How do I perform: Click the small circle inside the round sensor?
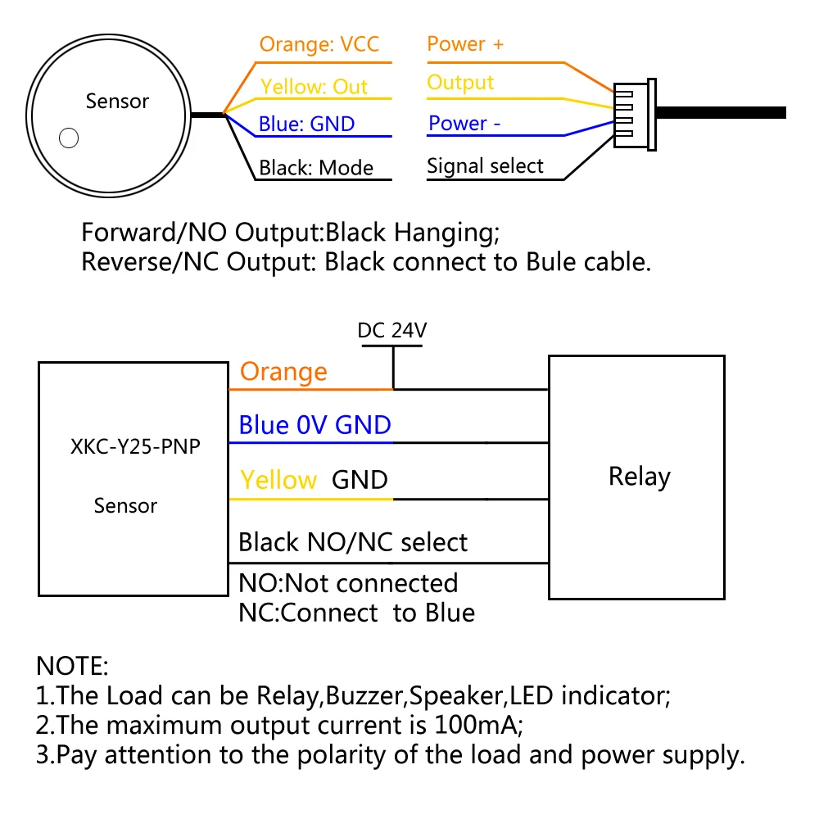(70, 138)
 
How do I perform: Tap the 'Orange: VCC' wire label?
(319, 44)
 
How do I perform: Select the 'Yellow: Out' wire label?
(314, 86)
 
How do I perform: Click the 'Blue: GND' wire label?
(306, 124)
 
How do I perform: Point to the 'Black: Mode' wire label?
(316, 168)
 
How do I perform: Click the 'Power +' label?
(465, 44)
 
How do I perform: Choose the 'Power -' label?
(464, 124)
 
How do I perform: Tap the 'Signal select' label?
(485, 166)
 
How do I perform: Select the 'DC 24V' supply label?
(392, 331)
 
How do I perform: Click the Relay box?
(636, 477)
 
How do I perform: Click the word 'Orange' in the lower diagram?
(283, 372)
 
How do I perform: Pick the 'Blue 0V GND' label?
(314, 425)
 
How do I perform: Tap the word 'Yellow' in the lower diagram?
(278, 480)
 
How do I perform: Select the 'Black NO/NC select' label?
(353, 542)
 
